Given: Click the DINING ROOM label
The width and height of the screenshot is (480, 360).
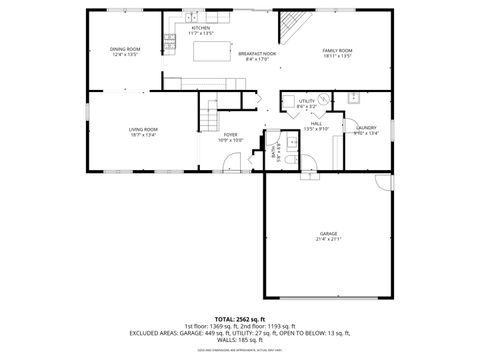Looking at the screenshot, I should point(124,49).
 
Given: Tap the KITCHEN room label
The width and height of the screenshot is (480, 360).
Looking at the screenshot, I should point(201,28).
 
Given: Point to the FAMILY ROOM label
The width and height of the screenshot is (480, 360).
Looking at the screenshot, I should point(337,50).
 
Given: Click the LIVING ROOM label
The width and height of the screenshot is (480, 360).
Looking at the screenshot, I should point(143,129).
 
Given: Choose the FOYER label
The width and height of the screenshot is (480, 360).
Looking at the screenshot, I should point(230,135).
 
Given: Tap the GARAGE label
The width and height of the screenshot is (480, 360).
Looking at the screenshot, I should point(329,234).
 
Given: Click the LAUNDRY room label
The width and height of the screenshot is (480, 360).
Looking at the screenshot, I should point(367,127).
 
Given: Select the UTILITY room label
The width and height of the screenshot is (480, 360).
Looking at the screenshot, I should point(307,102).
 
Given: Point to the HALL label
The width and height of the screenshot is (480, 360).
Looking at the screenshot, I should point(315,124).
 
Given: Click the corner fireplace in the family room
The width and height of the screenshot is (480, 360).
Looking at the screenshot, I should point(291,26).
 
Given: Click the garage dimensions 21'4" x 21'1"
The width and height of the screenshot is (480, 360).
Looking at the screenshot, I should point(329,240).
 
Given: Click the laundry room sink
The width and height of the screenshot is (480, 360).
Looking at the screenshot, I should point(354,98).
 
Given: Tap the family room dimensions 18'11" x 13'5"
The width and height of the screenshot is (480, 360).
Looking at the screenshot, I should point(337,56).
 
